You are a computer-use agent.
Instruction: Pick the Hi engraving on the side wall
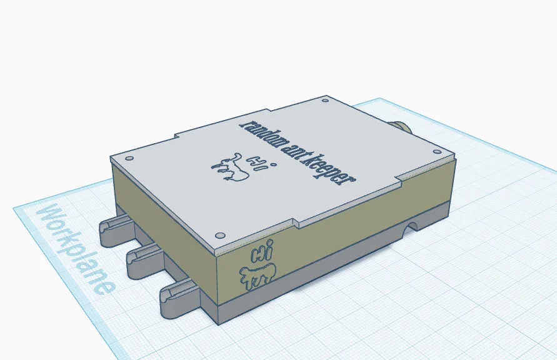262,251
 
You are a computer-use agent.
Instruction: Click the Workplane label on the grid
75,249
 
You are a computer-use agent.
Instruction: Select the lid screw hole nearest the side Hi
220,235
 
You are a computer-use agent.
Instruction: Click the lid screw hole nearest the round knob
437,152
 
